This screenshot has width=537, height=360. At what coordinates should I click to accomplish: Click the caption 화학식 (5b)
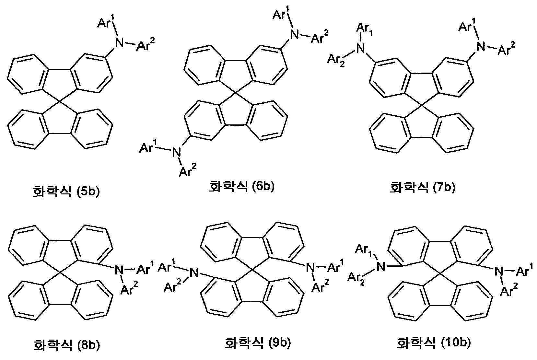66,192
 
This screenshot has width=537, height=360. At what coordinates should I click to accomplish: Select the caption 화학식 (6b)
242,186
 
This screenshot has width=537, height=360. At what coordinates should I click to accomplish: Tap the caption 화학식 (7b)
423,187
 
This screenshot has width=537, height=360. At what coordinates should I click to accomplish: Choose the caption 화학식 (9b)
257,343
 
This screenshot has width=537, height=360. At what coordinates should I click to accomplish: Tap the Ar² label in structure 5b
145,44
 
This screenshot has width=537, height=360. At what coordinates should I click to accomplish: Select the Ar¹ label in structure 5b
106,23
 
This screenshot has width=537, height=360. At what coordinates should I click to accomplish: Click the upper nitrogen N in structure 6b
294,35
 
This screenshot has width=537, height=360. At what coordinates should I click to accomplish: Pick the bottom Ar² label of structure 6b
187,170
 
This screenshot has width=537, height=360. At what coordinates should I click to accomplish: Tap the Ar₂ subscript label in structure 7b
336,60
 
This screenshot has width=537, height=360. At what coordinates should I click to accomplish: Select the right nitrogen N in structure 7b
481,46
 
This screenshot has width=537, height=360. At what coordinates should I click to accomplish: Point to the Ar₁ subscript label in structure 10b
364,251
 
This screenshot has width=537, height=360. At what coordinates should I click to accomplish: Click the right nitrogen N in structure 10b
499,272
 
